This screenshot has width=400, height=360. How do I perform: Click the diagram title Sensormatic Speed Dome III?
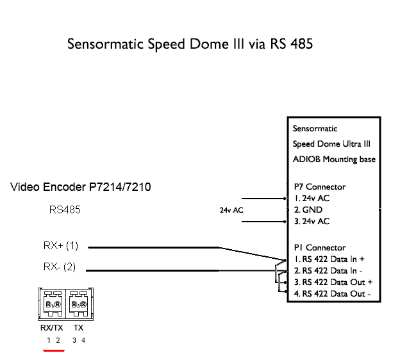[190, 45]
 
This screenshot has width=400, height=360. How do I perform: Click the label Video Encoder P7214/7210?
[81, 187]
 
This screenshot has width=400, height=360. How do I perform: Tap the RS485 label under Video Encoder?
[65, 209]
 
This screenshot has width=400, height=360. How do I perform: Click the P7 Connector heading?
[319, 186]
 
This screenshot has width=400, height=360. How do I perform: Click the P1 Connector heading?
[319, 247]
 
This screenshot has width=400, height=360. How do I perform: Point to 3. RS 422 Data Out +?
[333, 282]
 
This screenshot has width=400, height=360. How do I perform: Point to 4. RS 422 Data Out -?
[333, 294]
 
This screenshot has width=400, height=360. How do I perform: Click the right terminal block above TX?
[79, 304]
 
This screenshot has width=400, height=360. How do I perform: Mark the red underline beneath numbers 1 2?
[53, 350]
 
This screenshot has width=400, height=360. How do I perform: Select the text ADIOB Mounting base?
[334, 159]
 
